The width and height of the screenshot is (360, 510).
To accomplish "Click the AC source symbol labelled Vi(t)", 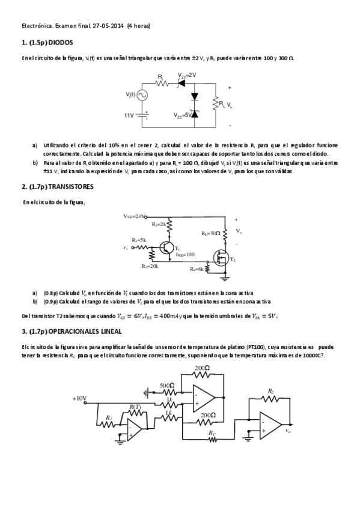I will click(x=144, y=95).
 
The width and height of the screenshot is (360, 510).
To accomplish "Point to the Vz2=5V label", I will click(x=182, y=115).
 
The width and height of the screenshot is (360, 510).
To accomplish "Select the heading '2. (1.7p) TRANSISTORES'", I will click(x=58, y=186).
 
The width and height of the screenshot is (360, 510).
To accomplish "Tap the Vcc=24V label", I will click(x=135, y=216).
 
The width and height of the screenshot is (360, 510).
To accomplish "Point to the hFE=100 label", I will click(x=185, y=254).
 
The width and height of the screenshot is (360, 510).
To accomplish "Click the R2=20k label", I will click(x=150, y=265).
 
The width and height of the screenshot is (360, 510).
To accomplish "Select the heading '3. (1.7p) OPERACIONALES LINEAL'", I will click(x=72, y=331).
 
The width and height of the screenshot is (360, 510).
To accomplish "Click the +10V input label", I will click(x=80, y=398).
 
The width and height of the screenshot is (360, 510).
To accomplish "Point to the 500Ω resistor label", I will click(x=167, y=386).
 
